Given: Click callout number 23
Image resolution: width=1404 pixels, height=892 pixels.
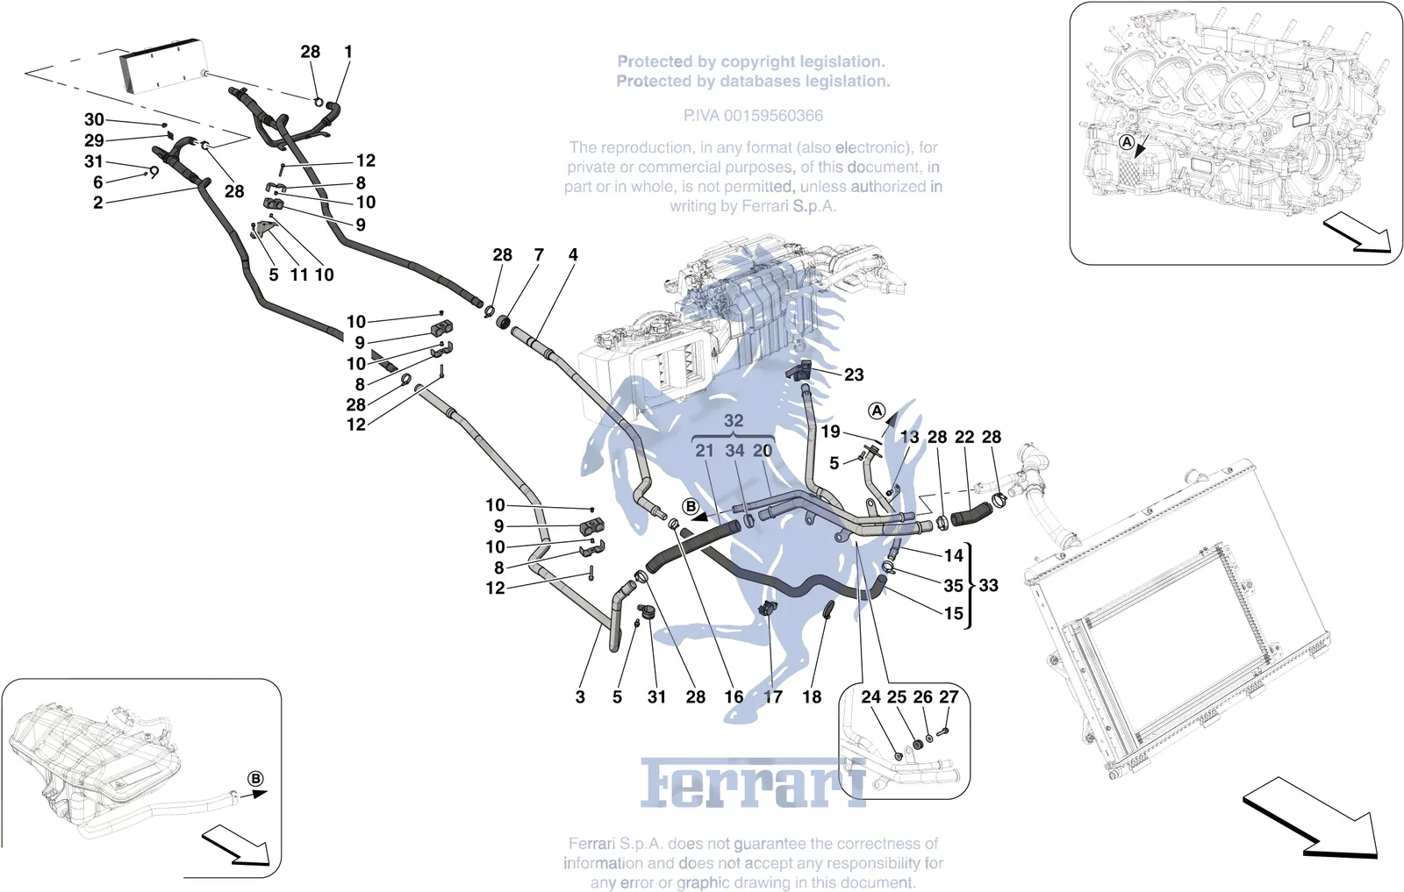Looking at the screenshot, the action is point(854,375).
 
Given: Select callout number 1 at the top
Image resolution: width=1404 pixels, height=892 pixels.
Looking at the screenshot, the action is point(348,52).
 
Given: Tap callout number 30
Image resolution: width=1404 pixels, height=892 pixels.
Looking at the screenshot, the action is point(94,119).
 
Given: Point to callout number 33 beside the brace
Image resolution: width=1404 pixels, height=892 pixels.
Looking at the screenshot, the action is point(988,585).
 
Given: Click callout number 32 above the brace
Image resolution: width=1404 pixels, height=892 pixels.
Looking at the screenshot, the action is point(734,420).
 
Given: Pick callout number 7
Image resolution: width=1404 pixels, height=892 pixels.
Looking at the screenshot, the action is point(539,255).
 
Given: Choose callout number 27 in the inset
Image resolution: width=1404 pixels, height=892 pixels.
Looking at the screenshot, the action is point(949,696).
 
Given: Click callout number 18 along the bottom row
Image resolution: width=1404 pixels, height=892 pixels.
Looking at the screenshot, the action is point(812,696).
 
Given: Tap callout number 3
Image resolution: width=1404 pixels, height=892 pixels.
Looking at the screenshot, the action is point(580,696).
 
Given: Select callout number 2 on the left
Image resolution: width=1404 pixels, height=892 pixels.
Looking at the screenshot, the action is point(97,203).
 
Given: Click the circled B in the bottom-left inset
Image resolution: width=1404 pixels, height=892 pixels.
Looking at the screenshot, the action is point(255,779).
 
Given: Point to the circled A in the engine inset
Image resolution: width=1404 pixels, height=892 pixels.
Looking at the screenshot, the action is point(1127,142).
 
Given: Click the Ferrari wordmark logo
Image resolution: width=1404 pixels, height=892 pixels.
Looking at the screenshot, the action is point(753,782).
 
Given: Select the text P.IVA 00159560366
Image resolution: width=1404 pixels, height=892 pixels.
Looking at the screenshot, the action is point(753,115).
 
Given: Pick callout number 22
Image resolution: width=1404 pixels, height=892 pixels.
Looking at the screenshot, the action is point(964,437).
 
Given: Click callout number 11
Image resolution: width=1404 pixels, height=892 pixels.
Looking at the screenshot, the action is point(299,275).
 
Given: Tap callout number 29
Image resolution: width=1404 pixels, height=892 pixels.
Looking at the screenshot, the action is point(94,140).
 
